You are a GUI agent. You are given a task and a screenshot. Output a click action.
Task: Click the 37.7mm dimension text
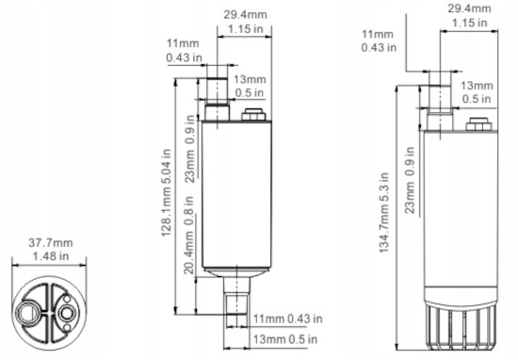coord(51,243)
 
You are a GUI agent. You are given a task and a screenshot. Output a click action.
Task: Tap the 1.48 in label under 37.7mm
coord(51,256)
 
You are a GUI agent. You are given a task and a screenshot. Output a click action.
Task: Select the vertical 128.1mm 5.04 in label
coord(166,193)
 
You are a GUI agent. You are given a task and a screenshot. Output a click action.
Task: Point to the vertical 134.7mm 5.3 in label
coord(384,213)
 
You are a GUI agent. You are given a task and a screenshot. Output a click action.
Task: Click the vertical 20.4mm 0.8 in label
coord(188,236)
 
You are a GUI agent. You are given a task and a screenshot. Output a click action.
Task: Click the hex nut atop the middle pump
coord(253,114)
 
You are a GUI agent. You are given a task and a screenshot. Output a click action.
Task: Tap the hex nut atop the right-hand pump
coord(478,124)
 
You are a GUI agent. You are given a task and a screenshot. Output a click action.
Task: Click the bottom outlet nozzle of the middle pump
coord(236,295)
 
